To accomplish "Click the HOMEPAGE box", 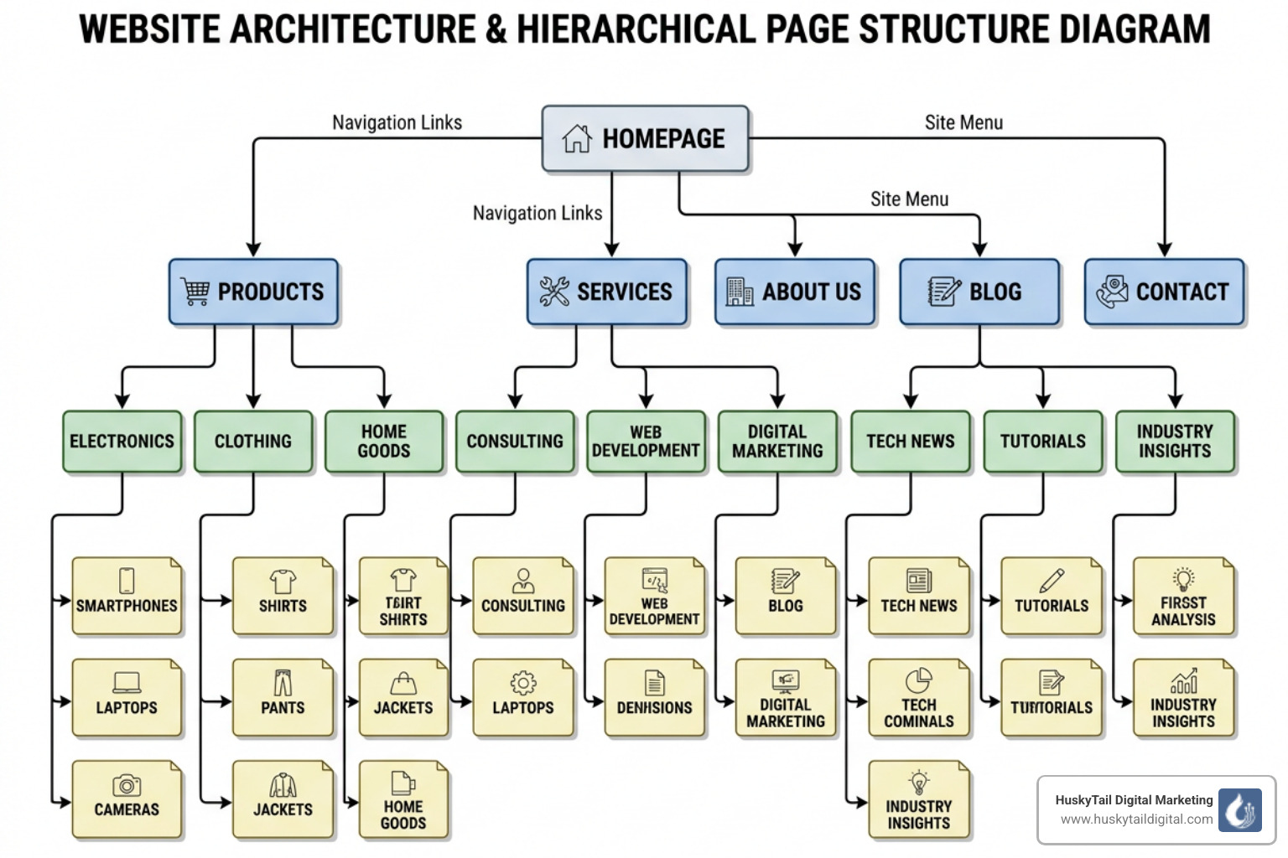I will click(645, 138).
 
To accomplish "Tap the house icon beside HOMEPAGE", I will click(577, 138).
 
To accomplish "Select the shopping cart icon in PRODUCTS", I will click(195, 291).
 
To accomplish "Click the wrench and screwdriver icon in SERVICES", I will click(554, 291).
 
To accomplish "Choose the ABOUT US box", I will click(794, 292).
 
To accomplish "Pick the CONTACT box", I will click(1164, 292).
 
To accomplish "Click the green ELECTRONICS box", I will click(122, 442).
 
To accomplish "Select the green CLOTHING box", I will click(253, 442).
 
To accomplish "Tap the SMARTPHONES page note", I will click(127, 596).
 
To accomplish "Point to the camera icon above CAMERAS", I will click(127, 785).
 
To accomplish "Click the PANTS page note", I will click(283, 697).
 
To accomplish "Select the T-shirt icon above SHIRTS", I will click(283, 580).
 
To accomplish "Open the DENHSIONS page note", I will click(654, 697).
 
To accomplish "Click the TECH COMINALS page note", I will click(918, 697).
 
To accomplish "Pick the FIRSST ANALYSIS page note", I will click(1183, 596).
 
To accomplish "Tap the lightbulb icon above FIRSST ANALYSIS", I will click(1183, 578).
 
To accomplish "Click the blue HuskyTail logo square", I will click(1239, 810).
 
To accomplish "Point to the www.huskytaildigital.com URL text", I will click(1136, 819).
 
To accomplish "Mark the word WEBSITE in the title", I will click(150, 29).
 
